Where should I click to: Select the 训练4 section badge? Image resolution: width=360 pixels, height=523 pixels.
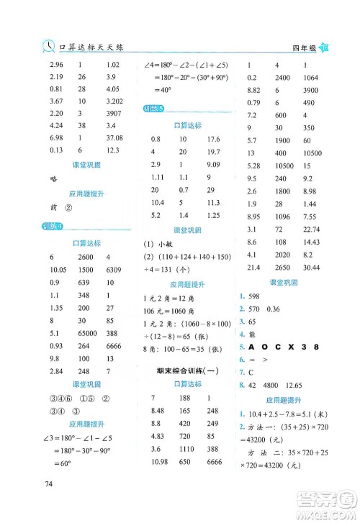(53, 228)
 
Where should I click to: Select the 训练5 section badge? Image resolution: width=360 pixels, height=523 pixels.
(153, 109)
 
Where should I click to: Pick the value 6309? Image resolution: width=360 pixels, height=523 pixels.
(116, 270)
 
